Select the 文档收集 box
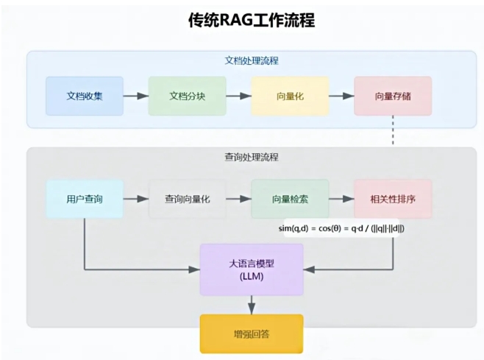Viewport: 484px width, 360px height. (85, 96)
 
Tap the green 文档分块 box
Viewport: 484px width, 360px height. (187, 96)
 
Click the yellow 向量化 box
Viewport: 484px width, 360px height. (290, 96)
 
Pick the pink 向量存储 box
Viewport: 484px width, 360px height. (393, 96)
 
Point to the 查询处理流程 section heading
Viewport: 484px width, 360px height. (252, 157)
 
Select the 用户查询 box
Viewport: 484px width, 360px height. (85, 199)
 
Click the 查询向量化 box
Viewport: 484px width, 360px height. (187, 199)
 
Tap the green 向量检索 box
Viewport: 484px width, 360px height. (290, 199)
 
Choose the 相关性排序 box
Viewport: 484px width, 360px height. (393, 199)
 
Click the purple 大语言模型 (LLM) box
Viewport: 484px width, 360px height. (252, 269)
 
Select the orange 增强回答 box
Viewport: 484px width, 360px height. (252, 333)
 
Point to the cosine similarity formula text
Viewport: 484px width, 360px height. (341, 228)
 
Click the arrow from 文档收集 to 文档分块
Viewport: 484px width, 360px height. (135, 96)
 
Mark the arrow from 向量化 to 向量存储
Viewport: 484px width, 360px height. (341, 96)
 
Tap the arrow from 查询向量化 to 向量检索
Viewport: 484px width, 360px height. (238, 199)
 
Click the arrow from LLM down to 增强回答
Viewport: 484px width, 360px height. (252, 304)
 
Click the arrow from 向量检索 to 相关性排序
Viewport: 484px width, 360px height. (341, 199)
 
